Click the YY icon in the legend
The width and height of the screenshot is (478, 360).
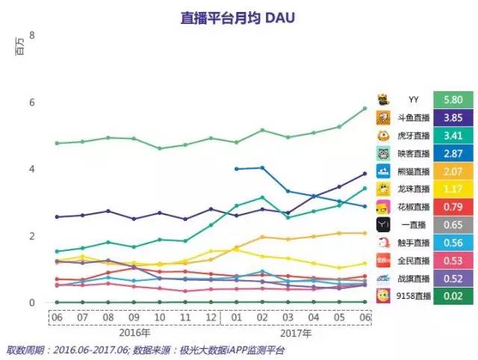coord(382,99)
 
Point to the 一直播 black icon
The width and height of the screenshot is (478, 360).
coord(382,225)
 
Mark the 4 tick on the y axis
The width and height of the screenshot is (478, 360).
coord(32,169)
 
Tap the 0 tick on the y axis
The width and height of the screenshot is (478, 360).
coord(32,302)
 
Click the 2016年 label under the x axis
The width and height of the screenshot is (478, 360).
coord(131,333)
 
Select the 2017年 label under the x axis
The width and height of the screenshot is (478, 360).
coord(298,333)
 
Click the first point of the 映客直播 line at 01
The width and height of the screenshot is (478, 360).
coord(236,169)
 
